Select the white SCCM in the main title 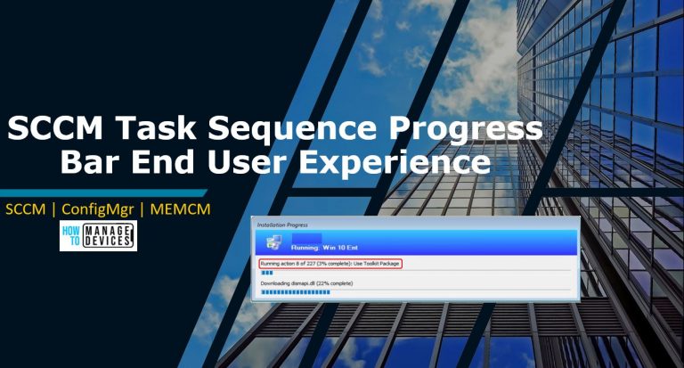pyautogui.click(x=53, y=130)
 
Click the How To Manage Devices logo pyautogui.click(x=98, y=236)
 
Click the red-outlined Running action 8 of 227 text pyautogui.click(x=330, y=264)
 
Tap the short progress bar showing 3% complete pyautogui.click(x=266, y=273)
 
